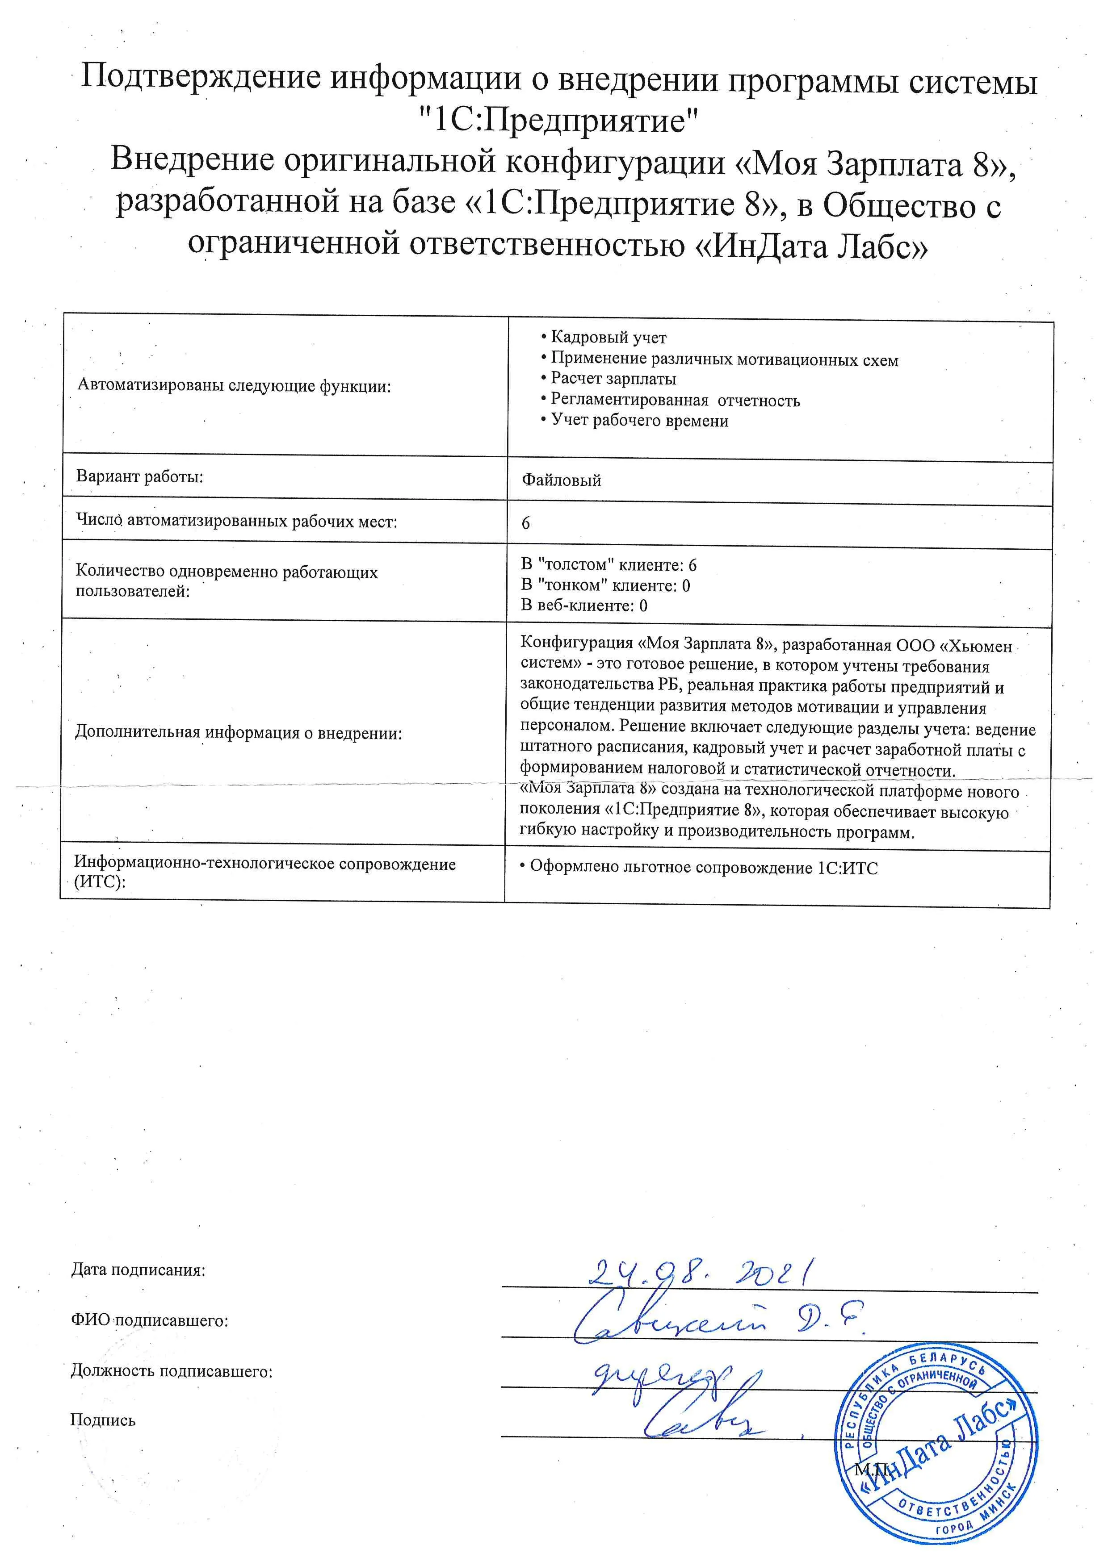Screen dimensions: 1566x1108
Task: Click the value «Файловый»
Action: pyautogui.click(x=562, y=480)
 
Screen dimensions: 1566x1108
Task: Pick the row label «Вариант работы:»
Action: pyautogui.click(x=140, y=476)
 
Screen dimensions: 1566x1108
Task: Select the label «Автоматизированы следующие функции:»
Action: pyautogui.click(x=235, y=386)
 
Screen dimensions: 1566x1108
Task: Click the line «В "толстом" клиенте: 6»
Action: pyautogui.click(x=609, y=565)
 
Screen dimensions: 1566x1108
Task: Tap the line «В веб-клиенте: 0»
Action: pyautogui.click(x=584, y=605)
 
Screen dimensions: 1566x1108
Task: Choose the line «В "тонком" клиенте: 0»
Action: pyautogui.click(x=605, y=585)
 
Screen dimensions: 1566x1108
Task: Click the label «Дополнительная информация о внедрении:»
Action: pyautogui.click(x=238, y=733)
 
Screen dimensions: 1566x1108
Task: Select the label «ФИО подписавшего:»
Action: pyautogui.click(x=149, y=1320)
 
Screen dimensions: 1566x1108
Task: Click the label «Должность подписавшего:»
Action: pyautogui.click(x=171, y=1371)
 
